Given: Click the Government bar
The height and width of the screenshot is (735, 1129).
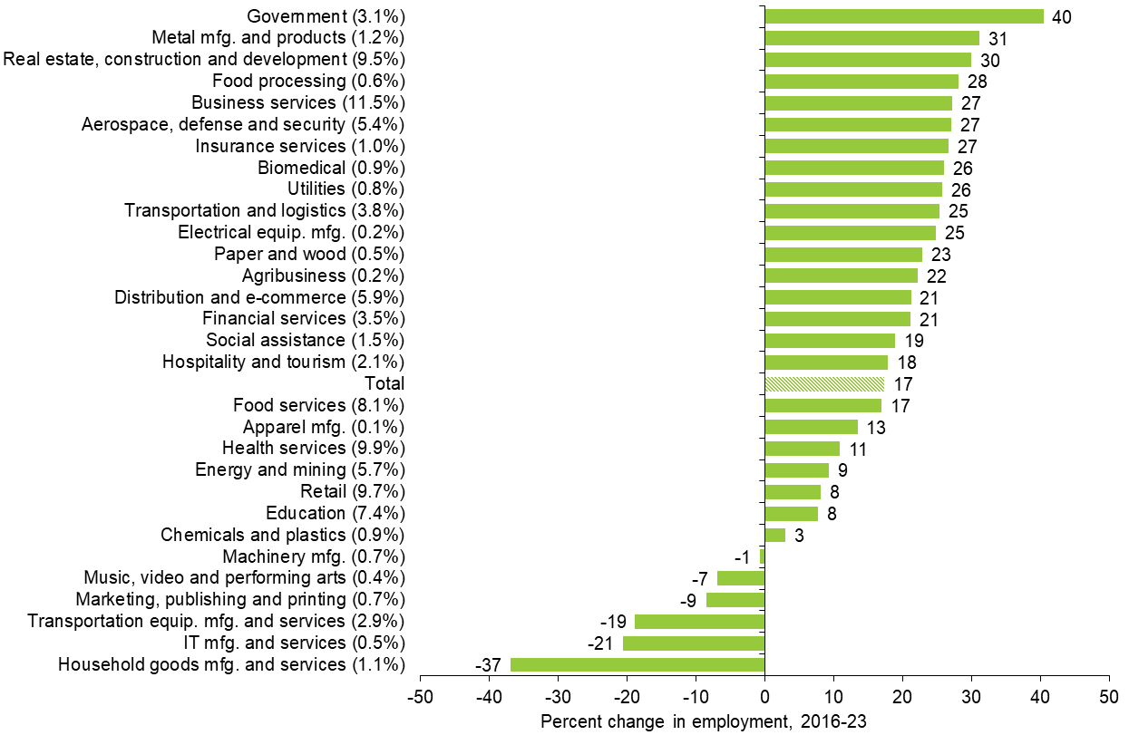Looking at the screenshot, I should [904, 16].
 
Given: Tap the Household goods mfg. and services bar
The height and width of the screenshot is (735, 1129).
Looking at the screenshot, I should [637, 664].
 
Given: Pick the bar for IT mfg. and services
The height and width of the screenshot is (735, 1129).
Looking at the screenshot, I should [694, 643].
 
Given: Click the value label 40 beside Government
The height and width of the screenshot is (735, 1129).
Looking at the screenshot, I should [1061, 16].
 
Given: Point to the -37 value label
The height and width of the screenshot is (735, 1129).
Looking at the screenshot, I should [489, 665].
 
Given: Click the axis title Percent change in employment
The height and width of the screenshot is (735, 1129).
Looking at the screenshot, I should [704, 721].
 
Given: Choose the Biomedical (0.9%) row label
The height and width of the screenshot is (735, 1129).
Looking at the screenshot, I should [330, 168].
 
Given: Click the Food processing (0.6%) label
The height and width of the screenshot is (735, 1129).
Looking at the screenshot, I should [307, 82].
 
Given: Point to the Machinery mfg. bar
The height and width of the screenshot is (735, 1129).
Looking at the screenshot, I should [762, 556].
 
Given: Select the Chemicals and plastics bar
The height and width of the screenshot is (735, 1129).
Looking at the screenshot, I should [775, 535].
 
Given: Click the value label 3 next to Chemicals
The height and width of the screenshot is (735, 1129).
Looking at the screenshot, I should [799, 535].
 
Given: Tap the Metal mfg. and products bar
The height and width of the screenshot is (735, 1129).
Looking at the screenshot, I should [872, 38].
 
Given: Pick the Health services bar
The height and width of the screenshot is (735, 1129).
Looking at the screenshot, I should [803, 448].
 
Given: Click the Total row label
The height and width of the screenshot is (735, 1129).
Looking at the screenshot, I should [384, 383].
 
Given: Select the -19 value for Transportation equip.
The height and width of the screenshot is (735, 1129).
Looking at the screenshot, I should [615, 622].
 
